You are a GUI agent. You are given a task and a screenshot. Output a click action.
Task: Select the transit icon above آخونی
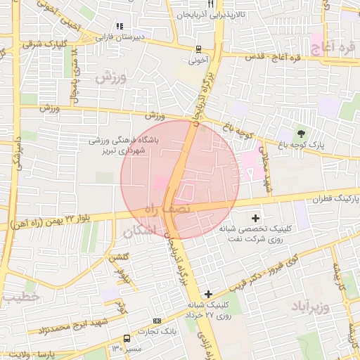(199, 49)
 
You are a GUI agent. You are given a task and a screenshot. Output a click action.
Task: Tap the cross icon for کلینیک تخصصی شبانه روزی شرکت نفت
(255, 219)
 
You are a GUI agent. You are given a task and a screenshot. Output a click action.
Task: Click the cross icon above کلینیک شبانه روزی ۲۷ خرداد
(207, 293)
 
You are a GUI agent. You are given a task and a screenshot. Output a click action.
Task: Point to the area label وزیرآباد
(309, 307)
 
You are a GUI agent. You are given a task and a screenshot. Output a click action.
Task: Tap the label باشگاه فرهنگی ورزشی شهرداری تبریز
(124, 146)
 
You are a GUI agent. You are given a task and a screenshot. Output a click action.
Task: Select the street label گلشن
(117, 259)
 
